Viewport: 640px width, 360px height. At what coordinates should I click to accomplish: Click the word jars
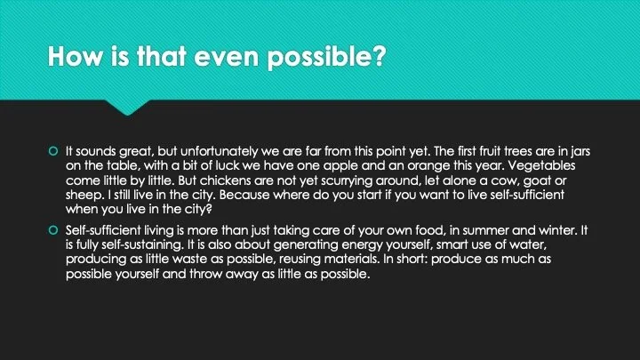click(579, 152)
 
